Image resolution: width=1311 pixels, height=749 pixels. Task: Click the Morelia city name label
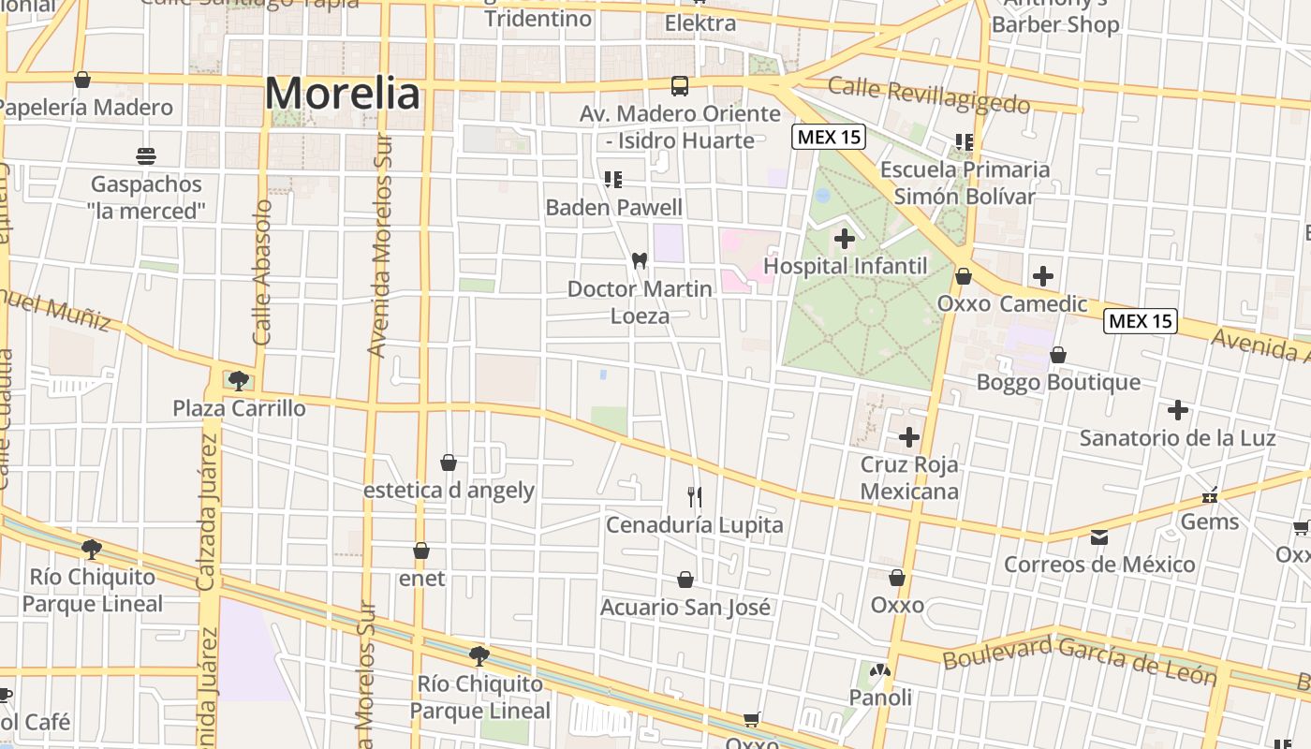(343, 94)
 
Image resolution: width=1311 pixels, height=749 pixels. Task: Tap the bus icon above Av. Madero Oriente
(680, 86)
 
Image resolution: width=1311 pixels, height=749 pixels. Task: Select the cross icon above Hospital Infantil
(845, 239)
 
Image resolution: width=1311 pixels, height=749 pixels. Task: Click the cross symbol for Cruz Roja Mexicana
(908, 437)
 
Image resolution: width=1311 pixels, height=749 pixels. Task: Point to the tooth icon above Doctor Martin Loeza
(641, 260)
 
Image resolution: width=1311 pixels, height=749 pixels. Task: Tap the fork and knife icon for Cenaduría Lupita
(695, 496)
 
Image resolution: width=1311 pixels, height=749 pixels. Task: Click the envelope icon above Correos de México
(1099, 537)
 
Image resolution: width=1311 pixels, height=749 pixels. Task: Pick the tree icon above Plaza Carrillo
(238, 380)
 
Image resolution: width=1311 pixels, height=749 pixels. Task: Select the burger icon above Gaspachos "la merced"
(146, 155)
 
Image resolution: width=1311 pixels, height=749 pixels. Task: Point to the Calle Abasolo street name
(262, 272)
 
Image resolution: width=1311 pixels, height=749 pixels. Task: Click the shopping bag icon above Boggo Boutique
(1058, 355)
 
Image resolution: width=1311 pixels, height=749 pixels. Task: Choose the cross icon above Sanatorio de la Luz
(1177, 410)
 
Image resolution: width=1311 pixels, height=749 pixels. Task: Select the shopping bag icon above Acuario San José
(685, 580)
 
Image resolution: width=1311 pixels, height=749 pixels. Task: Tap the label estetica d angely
(449, 490)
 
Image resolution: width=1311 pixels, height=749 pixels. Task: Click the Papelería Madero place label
(86, 108)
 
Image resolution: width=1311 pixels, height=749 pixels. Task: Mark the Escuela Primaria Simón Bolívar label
(965, 183)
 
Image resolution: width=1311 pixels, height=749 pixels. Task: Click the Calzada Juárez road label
(207, 515)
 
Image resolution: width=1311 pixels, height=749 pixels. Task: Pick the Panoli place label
(880, 698)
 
